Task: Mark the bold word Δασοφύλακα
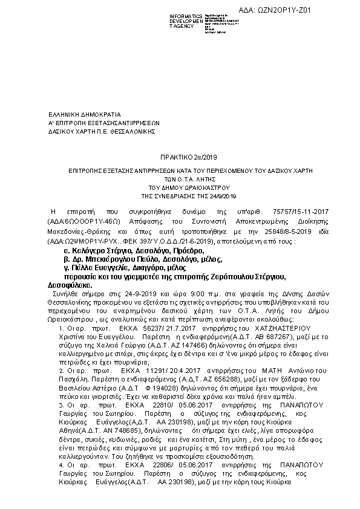coord(70,284)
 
